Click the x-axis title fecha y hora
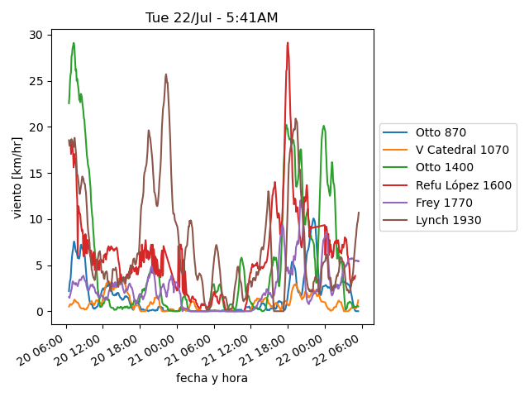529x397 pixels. (212, 378)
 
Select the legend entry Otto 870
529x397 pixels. (441, 132)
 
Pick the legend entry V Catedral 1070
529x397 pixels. (462, 150)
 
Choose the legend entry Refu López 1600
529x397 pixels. (463, 185)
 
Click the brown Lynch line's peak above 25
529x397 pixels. (165, 74)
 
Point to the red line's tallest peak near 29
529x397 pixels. (288, 43)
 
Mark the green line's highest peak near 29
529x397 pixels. (74, 43)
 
